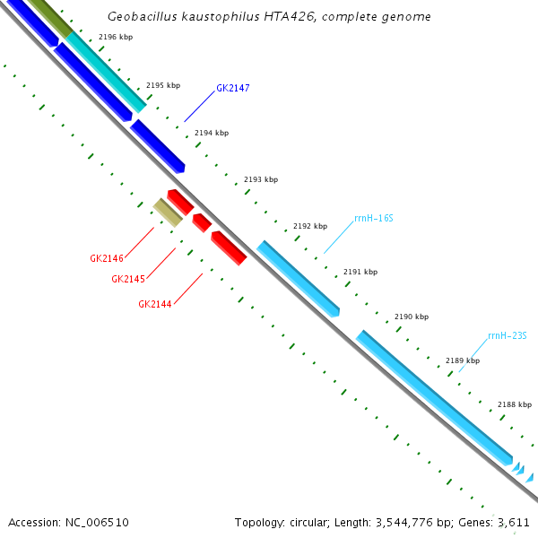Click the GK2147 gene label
click(232, 89)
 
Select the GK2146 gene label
click(107, 258)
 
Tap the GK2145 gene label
click(128, 279)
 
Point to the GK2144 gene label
click(155, 304)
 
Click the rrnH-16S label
click(373, 218)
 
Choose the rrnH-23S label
click(508, 336)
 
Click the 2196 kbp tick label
click(115, 37)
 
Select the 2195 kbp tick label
click(163, 85)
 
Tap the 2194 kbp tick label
click(212, 133)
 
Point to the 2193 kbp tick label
click(261, 179)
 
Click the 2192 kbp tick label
click(310, 226)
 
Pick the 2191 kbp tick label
click(360, 272)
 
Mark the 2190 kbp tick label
click(412, 317)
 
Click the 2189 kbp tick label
click(463, 360)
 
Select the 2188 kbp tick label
click(515, 404)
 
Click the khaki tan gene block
click(168, 213)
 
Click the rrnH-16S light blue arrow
click(299, 278)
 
